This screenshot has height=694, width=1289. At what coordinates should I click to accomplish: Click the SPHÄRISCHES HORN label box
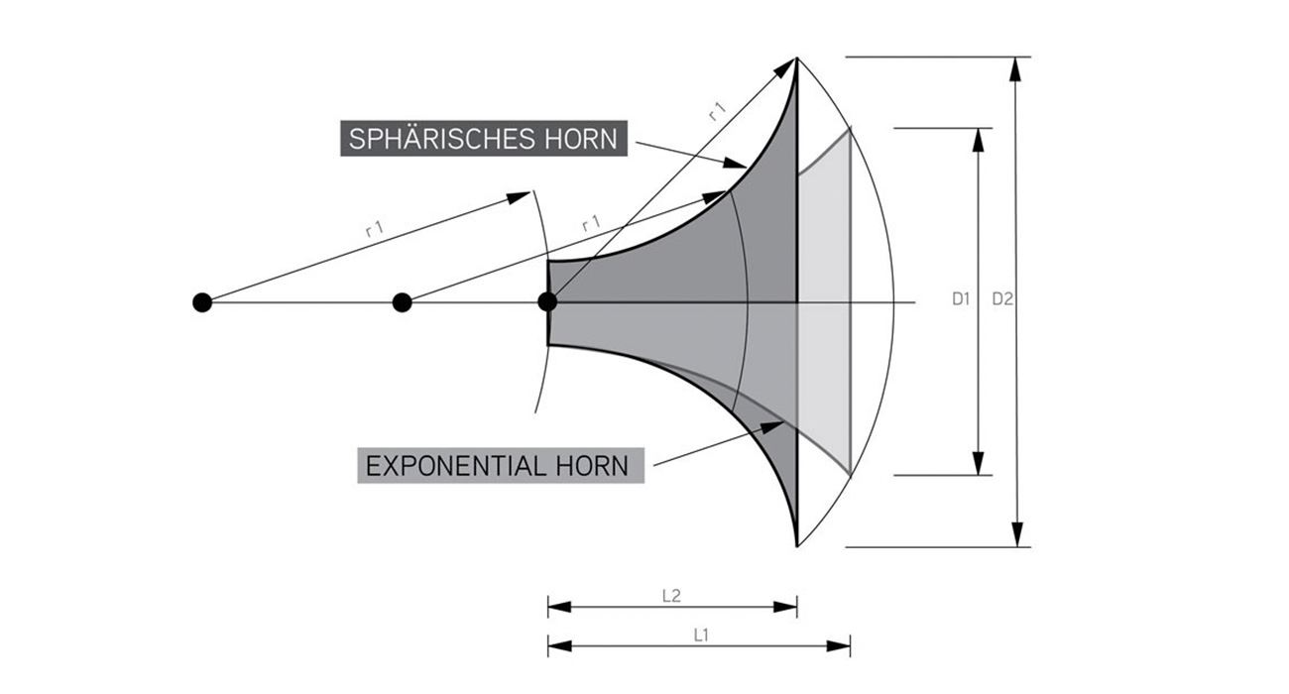[x=484, y=138]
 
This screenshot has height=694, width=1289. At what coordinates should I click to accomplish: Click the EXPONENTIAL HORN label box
[x=501, y=465]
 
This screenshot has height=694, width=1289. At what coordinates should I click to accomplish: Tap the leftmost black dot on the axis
[x=202, y=302]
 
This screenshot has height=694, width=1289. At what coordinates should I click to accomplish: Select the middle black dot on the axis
[x=402, y=302]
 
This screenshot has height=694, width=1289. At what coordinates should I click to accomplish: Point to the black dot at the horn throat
[x=547, y=301]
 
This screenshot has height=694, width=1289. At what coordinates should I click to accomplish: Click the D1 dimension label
[x=961, y=298]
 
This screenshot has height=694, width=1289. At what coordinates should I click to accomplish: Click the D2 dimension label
[x=1002, y=298]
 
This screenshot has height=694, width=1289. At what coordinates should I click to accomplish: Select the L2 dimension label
[x=671, y=596]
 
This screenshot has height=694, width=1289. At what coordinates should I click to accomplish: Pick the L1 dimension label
[x=701, y=636]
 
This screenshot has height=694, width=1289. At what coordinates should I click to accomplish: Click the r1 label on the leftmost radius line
[x=375, y=228]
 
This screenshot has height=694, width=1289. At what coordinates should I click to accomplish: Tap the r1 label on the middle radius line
[x=591, y=223]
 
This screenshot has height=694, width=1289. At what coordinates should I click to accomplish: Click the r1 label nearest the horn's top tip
[x=717, y=110]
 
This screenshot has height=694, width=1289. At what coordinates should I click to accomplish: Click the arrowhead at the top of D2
[x=1016, y=69]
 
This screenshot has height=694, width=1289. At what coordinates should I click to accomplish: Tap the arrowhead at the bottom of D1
[x=979, y=463]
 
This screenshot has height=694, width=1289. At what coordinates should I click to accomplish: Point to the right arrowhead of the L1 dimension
[x=839, y=645]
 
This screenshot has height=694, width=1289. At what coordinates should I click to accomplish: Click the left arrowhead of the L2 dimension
[x=560, y=607]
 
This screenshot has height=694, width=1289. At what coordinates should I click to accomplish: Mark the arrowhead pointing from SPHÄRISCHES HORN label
[x=735, y=163]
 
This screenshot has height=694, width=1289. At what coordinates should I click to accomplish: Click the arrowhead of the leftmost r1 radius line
[x=519, y=196]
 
